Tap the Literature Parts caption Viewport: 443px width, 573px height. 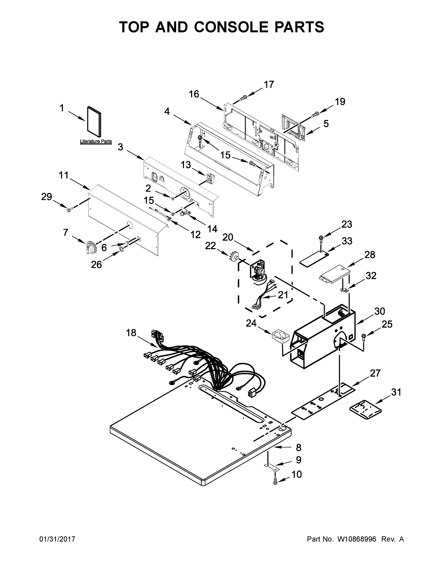pyautogui.click(x=96, y=141)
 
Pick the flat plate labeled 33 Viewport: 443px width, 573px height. pyautogui.click(x=314, y=258)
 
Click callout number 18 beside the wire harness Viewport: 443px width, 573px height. pyautogui.click(x=131, y=333)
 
